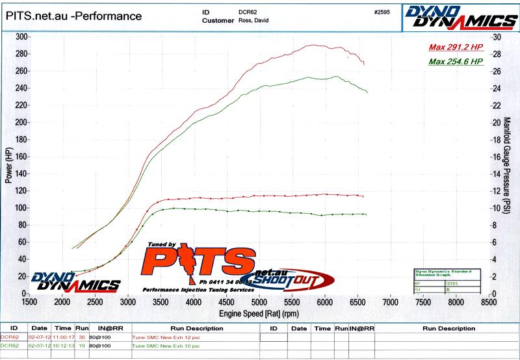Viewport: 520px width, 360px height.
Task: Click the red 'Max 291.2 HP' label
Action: (455, 47)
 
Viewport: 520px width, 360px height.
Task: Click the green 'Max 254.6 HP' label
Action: (455, 61)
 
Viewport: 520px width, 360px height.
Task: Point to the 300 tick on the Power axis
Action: (20, 37)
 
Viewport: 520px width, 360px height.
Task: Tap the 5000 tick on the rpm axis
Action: (259, 302)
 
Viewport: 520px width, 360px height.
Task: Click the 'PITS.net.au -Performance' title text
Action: (73, 16)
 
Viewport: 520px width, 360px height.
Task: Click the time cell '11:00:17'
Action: (63, 337)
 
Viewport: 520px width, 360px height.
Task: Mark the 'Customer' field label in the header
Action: (218, 20)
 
